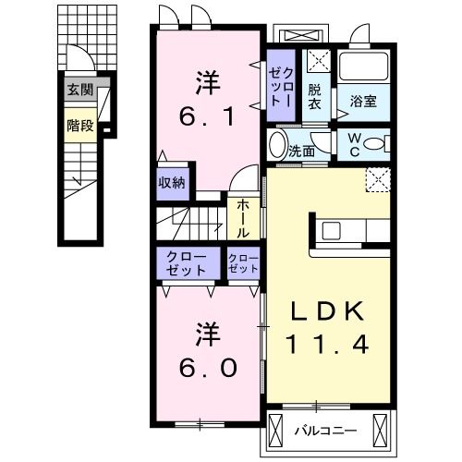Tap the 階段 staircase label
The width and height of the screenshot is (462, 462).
click(79, 125)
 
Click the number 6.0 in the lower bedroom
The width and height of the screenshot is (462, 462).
click(208, 367)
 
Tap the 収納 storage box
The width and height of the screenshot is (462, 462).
click(172, 182)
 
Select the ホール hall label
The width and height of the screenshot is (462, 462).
click(242, 219)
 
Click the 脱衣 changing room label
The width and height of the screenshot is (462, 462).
click(315, 96)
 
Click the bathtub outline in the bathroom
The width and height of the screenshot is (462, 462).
click(362, 67)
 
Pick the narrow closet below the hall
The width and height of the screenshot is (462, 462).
click(243, 261)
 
